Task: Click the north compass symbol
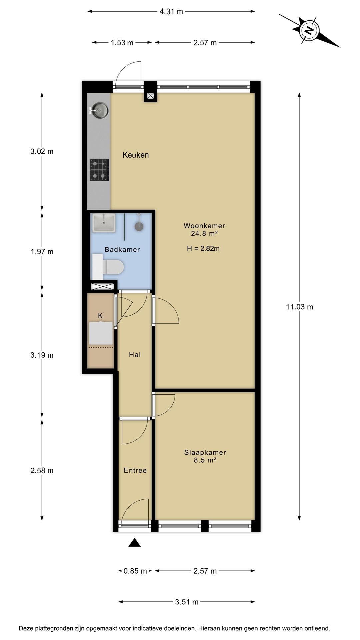tap(310, 31)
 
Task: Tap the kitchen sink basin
tap(100, 110)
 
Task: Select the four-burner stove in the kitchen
tap(99, 170)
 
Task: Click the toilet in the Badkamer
tap(111, 267)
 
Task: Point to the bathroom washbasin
tap(104, 223)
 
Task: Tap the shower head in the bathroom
tap(139, 226)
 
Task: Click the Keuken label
tap(135, 155)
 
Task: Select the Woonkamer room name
tap(204, 226)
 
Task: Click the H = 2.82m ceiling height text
tap(203, 249)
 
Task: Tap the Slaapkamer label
tap(205, 452)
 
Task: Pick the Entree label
tap(135, 470)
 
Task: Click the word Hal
tap(135, 355)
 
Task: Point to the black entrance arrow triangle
tap(135, 543)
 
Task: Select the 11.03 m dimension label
tap(300, 307)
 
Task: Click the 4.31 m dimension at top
tap(171, 12)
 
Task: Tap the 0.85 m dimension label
tap(135, 571)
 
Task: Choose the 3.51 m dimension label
tap(187, 602)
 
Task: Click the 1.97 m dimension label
tap(42, 252)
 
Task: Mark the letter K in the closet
tap(100, 316)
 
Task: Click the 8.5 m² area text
tap(205, 460)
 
